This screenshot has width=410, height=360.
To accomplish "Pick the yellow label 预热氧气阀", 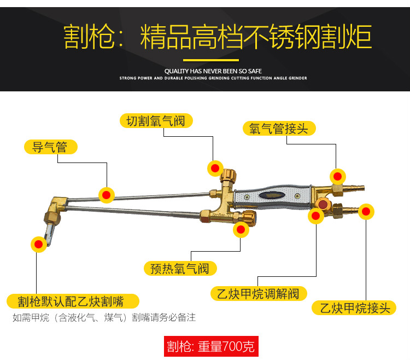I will [180, 269].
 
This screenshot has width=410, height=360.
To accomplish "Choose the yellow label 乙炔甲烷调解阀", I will [259, 294].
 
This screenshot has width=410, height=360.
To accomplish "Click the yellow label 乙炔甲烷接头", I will [354, 308].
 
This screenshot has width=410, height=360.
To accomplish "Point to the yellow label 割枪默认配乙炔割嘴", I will [73, 301].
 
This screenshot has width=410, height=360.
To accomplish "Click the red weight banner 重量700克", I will [210, 346].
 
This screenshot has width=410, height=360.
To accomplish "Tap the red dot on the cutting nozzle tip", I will [38, 244].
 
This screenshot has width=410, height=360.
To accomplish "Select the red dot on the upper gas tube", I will [107, 194].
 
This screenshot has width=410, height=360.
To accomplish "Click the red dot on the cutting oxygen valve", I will [216, 168].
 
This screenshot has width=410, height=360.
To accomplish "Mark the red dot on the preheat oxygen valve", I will [241, 230].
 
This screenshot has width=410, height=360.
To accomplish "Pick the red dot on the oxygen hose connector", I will [338, 176].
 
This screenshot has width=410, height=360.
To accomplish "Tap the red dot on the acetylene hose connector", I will [366, 211].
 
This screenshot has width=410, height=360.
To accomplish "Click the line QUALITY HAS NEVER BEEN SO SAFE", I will [213, 71].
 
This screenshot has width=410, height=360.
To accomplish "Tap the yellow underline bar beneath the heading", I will [211, 60].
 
